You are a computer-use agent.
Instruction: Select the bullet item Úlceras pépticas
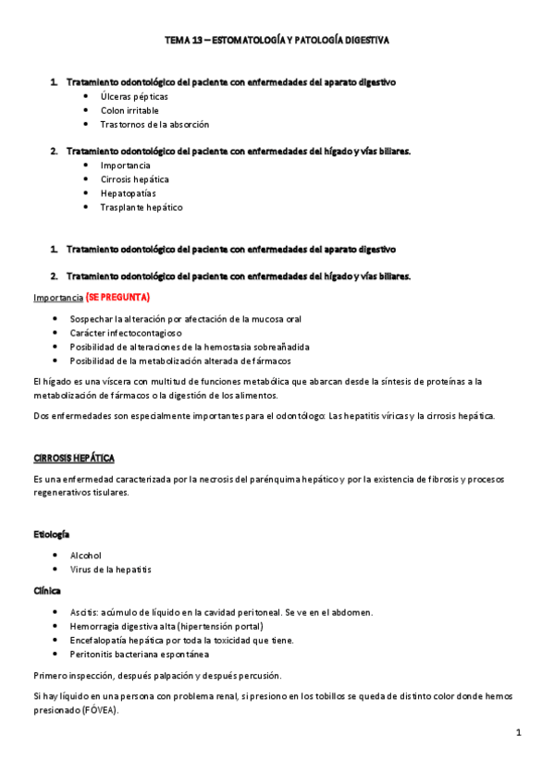click(134, 96)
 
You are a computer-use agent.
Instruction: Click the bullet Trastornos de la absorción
click(154, 124)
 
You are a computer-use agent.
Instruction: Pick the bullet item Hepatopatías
click(128, 193)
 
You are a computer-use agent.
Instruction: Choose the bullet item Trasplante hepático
click(142, 207)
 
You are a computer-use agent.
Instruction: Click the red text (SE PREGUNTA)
click(117, 298)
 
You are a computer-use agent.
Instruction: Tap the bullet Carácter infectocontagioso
click(126, 333)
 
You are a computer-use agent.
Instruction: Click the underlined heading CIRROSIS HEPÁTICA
click(74, 459)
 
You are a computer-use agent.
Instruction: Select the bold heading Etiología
click(52, 534)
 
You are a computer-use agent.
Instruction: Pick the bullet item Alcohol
click(86, 556)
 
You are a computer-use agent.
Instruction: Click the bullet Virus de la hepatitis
click(110, 570)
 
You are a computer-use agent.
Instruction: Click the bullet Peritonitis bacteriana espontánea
click(139, 654)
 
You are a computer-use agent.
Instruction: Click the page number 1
click(519, 733)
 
